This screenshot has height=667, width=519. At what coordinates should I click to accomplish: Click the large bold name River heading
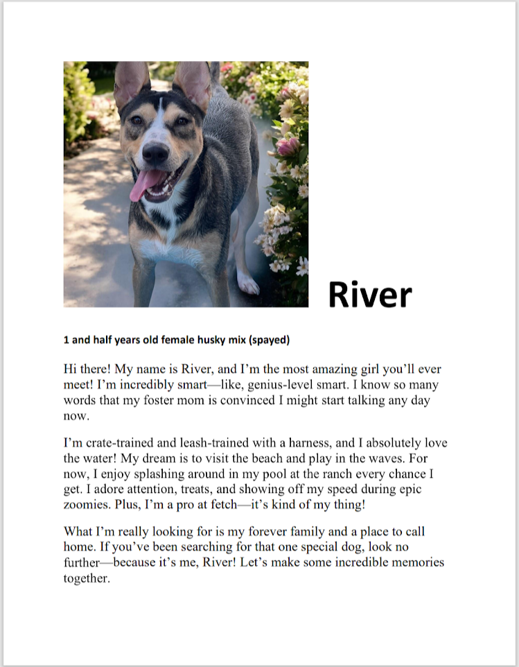coord(369,295)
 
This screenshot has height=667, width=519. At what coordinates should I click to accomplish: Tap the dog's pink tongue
coord(143,184)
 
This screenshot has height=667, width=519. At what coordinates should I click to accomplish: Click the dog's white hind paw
coord(247,282)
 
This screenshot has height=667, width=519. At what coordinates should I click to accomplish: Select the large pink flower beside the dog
coord(286,146)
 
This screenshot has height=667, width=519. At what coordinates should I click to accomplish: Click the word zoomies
coord(87,505)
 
